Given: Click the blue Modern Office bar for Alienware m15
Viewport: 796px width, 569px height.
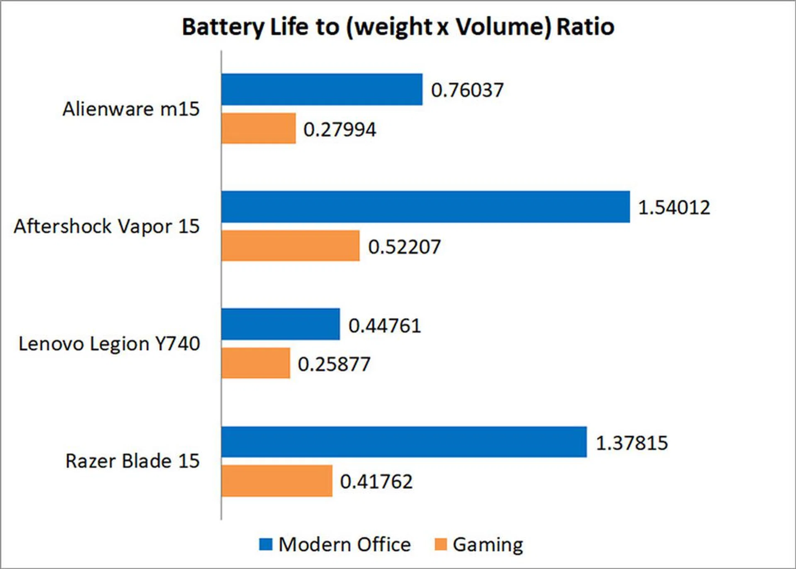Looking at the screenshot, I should pos(322,90).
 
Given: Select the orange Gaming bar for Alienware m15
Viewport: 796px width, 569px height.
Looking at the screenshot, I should pos(258,128).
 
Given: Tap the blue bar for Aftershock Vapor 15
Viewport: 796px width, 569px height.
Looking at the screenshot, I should pos(425,207).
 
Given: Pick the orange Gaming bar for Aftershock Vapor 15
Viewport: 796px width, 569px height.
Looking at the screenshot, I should pos(290,246).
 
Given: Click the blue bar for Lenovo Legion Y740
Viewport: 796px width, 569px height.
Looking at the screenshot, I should pos(280,324).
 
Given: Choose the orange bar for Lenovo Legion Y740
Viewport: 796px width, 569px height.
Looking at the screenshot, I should pos(255,363).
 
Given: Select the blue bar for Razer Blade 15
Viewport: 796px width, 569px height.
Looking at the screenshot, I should pos(404,442).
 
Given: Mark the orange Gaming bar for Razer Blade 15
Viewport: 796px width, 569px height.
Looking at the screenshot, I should pos(277,481).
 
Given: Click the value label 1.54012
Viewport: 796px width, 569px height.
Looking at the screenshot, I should pos(674,208).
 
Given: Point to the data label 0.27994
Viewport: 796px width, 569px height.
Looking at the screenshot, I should pos(340,130).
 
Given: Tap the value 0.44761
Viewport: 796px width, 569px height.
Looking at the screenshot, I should pos(384,326).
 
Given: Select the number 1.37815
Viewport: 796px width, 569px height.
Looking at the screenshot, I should pos(631,443).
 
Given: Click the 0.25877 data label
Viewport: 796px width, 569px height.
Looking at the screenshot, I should pos(334,365).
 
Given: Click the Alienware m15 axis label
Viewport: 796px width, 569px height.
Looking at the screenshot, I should pos(131,109).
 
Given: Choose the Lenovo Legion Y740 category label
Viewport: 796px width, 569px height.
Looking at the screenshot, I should pos(109,344).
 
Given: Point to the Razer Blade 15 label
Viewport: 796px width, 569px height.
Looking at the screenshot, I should pos(133,461).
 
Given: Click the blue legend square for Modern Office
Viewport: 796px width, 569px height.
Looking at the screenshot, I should pos(266,544).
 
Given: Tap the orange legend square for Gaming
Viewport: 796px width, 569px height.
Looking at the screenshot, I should pos(440,544).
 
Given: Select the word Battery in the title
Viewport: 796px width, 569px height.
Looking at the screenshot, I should pos(223,27).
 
